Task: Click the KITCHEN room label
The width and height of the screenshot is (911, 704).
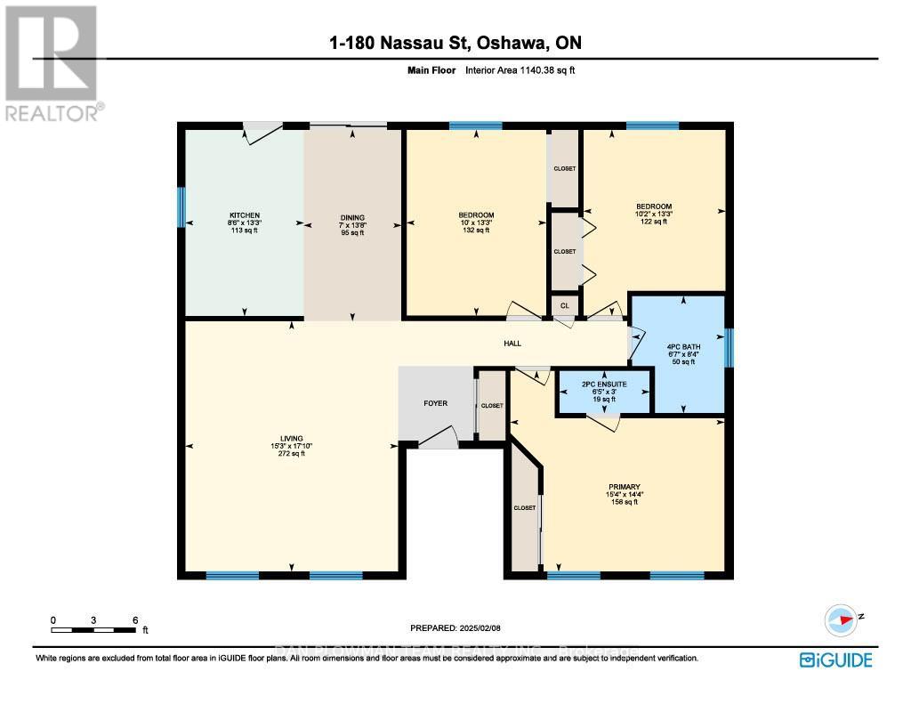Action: [245, 215]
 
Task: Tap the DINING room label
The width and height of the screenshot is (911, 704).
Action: [352, 216]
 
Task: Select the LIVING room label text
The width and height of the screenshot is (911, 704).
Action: [291, 438]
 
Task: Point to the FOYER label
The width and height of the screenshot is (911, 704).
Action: [435, 403]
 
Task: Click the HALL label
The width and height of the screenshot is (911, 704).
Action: [512, 344]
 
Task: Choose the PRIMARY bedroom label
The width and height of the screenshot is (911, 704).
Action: [625, 487]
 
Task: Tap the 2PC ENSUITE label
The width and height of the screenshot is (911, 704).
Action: [604, 385]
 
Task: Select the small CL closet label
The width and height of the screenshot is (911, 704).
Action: [563, 304]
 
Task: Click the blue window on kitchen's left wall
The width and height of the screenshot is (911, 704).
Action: [181, 206]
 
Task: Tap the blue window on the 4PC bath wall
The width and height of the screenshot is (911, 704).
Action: [729, 347]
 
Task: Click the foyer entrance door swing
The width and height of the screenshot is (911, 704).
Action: [438, 438]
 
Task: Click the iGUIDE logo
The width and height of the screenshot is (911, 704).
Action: [835, 659]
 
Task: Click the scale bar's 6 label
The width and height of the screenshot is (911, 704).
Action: [134, 619]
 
